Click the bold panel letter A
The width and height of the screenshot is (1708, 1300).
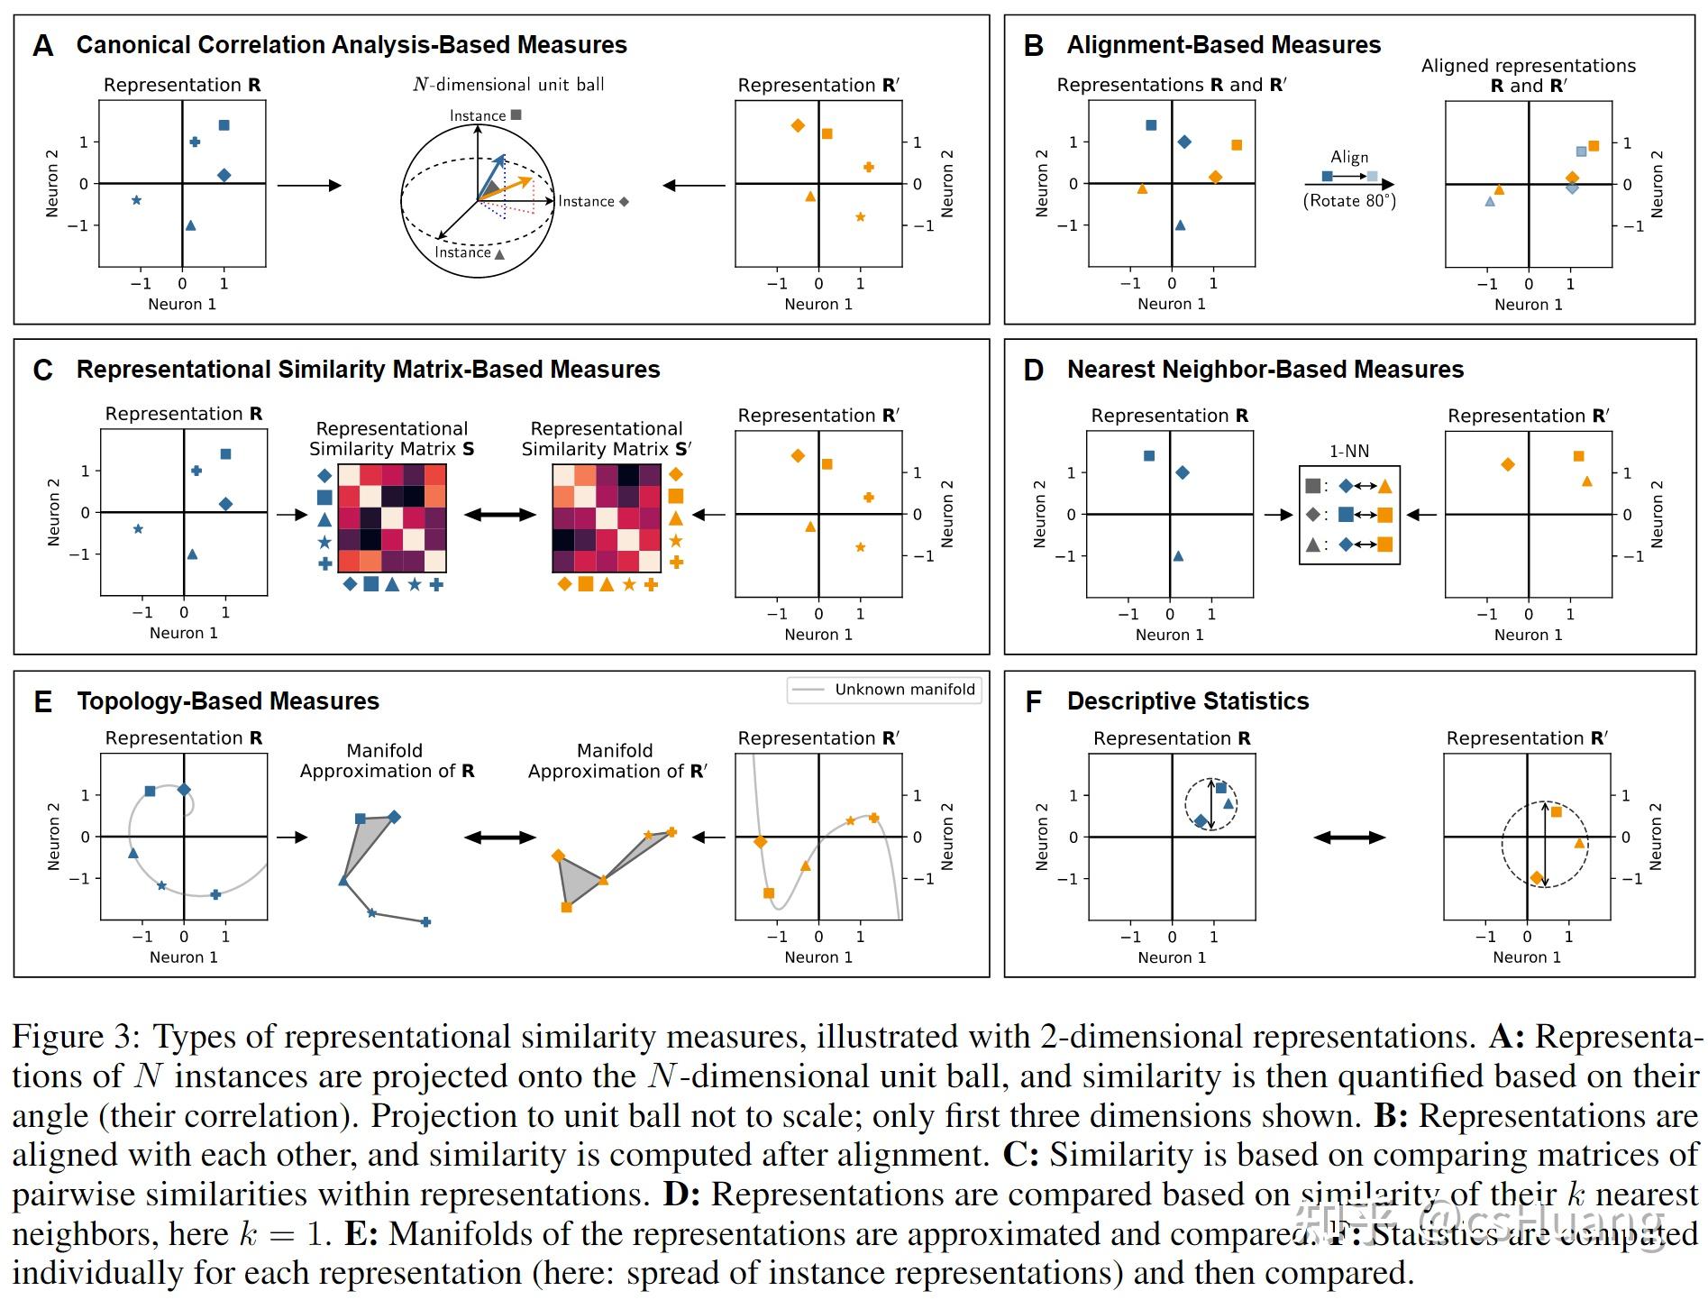[42, 46]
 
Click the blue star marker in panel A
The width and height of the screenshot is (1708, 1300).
[136, 200]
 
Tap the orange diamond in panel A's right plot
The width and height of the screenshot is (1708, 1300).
[797, 125]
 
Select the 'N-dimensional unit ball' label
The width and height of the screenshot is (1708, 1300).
[508, 85]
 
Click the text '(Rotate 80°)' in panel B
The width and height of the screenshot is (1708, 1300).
[1349, 200]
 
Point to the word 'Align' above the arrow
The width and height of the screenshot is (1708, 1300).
[1349, 157]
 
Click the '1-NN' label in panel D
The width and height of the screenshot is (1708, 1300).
[1349, 451]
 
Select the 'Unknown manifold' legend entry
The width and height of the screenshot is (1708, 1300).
[904, 690]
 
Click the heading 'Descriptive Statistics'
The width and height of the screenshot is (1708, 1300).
[1187, 701]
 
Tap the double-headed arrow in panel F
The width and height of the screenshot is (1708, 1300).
[1349, 838]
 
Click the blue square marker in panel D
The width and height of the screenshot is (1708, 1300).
[1148, 456]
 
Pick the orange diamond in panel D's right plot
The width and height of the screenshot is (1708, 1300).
[1507, 464]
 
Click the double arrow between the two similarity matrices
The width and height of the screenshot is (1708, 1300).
[499, 515]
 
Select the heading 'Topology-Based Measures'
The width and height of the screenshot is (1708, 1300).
[227, 701]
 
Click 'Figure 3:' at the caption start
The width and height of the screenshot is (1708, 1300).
[76, 1037]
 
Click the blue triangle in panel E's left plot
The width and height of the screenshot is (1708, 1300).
[133, 853]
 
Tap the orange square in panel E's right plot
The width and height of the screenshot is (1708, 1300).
[768, 893]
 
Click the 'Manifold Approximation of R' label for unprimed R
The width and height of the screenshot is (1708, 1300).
[387, 761]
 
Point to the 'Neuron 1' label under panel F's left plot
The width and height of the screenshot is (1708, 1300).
[1171, 957]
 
